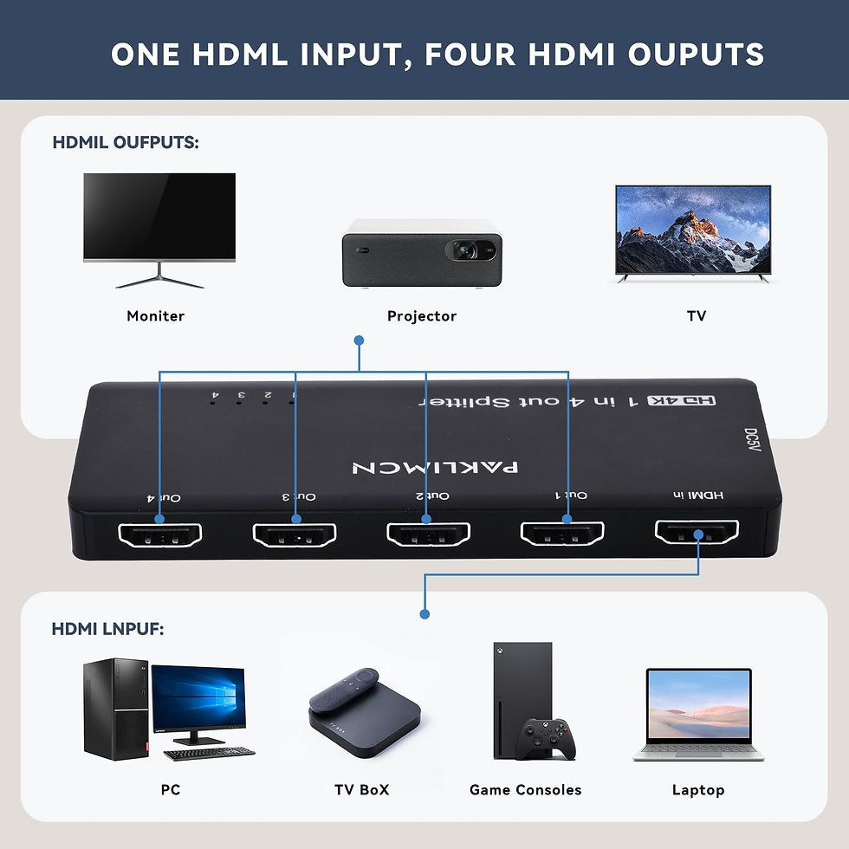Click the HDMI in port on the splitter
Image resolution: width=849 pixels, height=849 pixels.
point(697,533)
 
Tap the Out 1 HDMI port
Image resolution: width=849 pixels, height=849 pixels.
point(562,533)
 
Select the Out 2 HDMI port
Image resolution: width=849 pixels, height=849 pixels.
point(428,534)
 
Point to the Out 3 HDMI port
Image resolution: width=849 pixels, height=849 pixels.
point(294,534)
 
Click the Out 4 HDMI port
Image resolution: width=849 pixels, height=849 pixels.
point(159,534)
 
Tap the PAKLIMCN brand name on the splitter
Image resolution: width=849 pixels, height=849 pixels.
point(436,467)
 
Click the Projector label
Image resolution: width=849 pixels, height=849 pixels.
point(422,316)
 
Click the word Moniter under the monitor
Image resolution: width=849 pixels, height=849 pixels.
point(156,316)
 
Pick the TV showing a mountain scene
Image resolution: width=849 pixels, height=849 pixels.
point(693,232)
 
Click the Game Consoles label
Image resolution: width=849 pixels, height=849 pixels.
point(525,789)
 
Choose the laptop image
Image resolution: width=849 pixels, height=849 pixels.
point(697,714)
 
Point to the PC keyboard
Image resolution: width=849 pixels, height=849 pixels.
point(209,754)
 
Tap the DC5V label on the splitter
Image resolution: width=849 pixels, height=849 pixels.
point(750,436)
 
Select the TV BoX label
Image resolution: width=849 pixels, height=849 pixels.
point(361,789)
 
